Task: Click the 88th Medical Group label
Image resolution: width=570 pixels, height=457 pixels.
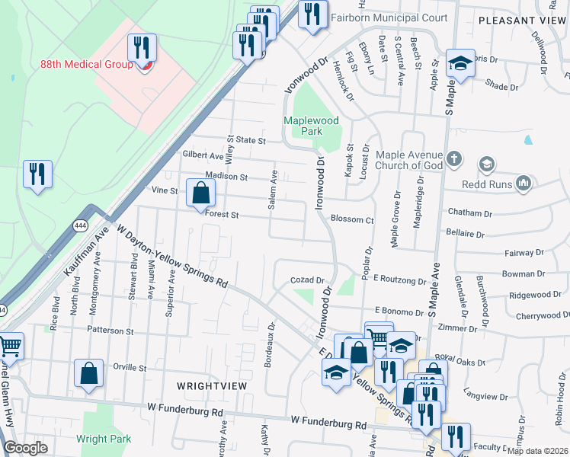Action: [86, 65]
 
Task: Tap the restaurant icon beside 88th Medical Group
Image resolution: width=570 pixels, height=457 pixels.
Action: [142, 48]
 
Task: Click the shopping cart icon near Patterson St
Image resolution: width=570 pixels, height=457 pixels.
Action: [9, 348]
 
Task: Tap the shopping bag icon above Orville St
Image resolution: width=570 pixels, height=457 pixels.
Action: [89, 373]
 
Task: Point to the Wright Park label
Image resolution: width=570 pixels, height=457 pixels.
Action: [104, 439]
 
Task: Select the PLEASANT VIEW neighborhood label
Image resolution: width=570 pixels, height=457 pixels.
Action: [523, 21]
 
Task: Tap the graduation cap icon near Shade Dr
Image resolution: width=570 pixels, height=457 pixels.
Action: [460, 64]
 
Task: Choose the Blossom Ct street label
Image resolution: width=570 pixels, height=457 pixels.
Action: [351, 219]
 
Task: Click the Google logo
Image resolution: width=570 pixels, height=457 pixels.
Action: [25, 449]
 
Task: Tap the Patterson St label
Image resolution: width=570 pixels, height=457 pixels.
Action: [110, 331]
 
